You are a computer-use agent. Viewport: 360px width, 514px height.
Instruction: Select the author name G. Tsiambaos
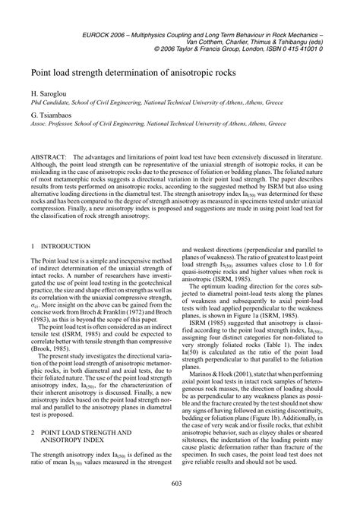tap(52, 113)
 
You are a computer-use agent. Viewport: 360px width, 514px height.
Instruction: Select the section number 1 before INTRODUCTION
tap(33, 225)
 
